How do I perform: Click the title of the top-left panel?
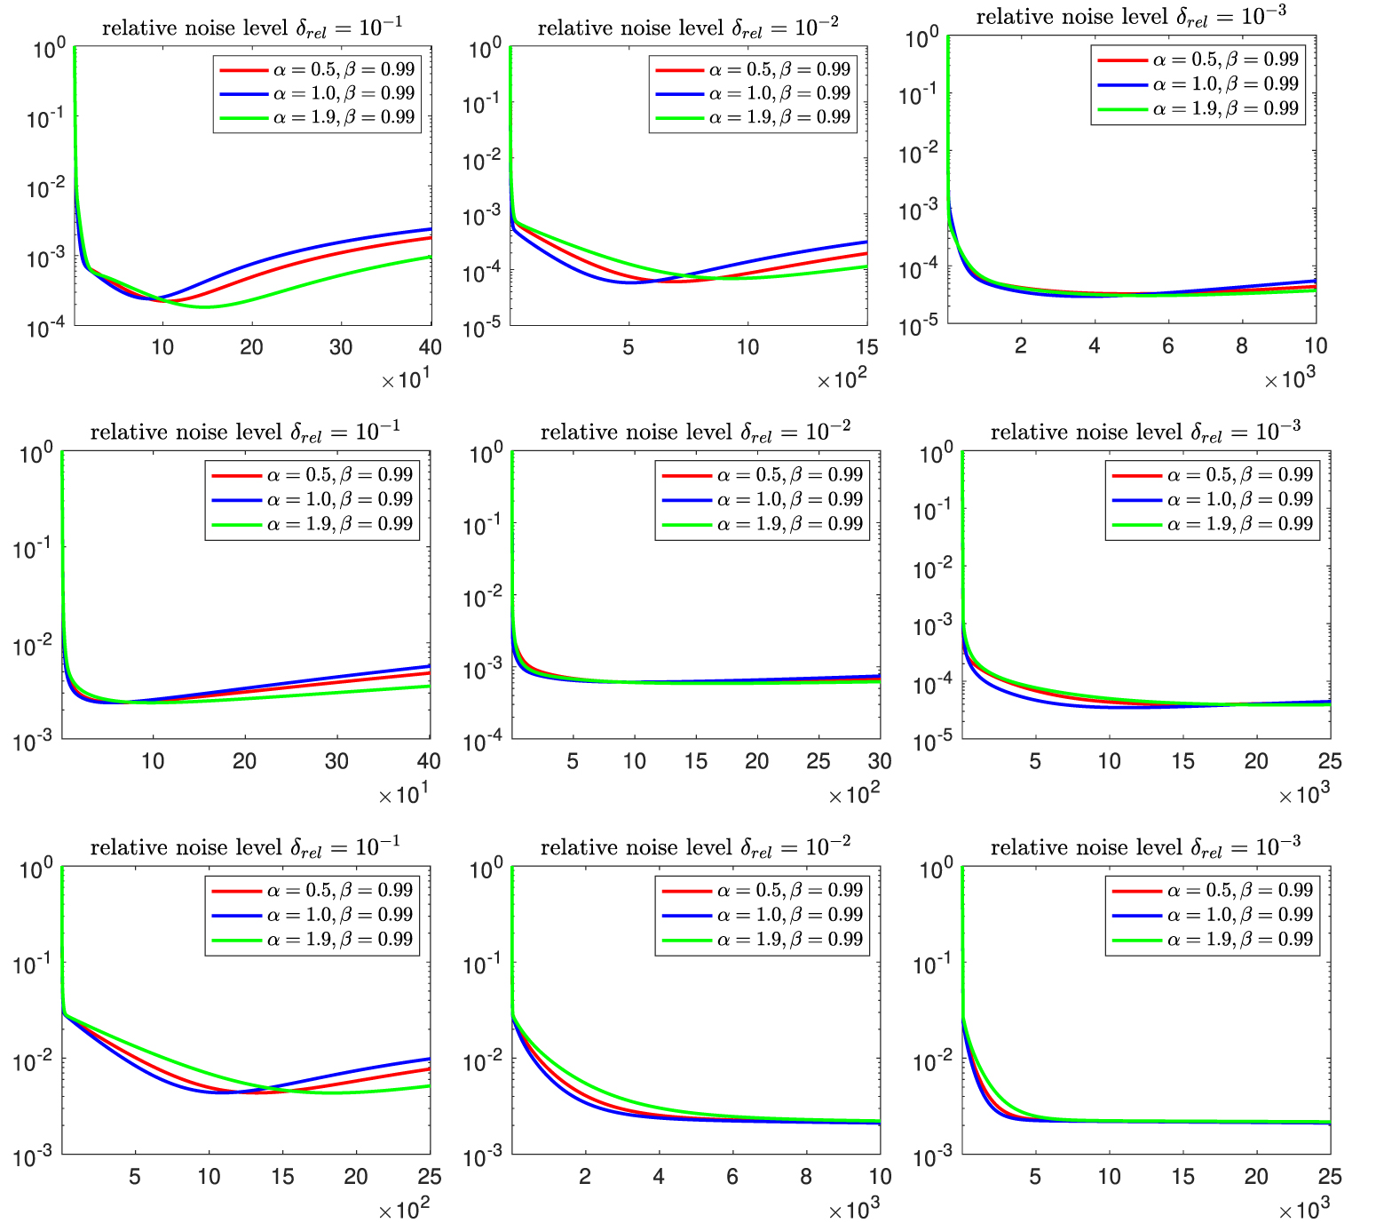tap(252, 28)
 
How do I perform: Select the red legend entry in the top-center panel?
tap(753, 69)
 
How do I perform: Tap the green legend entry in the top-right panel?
tap(1198, 108)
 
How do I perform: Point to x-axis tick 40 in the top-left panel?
tap(431, 347)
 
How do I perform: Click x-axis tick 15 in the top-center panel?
tap(866, 347)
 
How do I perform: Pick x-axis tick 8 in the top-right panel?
tap(1241, 346)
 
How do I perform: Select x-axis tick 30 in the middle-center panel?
tap(879, 761)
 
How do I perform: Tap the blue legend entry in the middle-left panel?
tap(312, 499)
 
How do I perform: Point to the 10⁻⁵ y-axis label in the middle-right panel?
tap(933, 741)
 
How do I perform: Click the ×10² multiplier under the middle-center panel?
tap(853, 795)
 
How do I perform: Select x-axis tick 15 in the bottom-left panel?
tap(282, 1177)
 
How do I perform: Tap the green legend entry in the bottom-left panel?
tap(312, 940)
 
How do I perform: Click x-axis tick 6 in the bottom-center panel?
tap(732, 1177)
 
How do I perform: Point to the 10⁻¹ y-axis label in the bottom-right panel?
tap(933, 963)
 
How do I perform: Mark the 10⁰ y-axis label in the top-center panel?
tap(485, 48)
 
